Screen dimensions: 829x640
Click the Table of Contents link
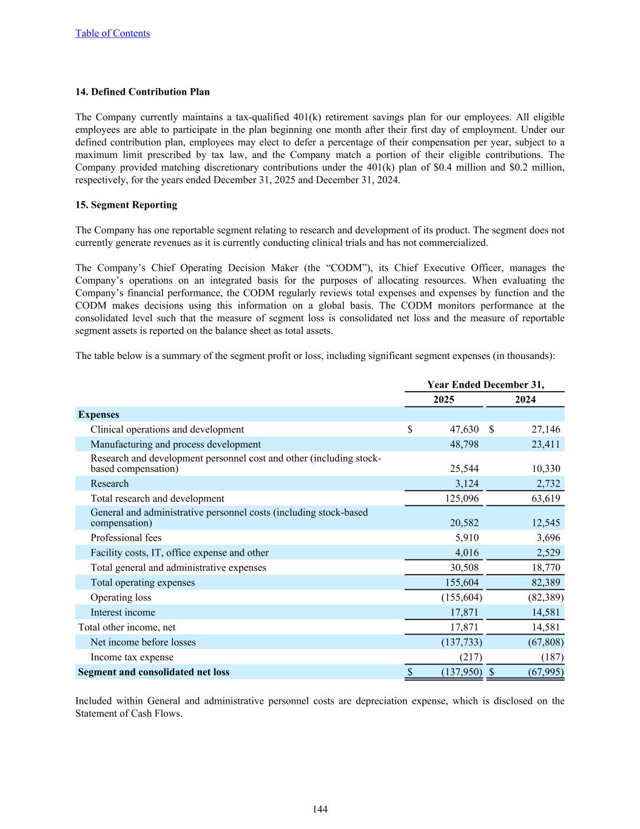click(x=112, y=33)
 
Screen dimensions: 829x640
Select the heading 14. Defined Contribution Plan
click(x=143, y=92)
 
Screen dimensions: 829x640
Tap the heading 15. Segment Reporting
click(x=126, y=205)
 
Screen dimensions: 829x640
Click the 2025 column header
click(x=443, y=399)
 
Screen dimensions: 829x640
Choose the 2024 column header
click(x=525, y=399)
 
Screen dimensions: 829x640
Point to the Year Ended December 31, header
click(x=485, y=384)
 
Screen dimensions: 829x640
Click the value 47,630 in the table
click(x=464, y=429)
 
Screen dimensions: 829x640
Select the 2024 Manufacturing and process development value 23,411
click(x=546, y=445)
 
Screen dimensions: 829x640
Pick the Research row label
click(x=110, y=484)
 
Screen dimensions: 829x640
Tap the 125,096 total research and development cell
click(x=460, y=499)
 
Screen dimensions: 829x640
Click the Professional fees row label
click(x=126, y=538)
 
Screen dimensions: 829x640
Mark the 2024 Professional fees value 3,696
click(x=548, y=538)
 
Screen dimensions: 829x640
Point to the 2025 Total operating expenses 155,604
click(x=460, y=582)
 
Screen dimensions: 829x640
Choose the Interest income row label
click(x=123, y=612)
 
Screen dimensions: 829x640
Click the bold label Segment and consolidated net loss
click(x=154, y=672)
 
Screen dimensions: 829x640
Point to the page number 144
click(x=320, y=809)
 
